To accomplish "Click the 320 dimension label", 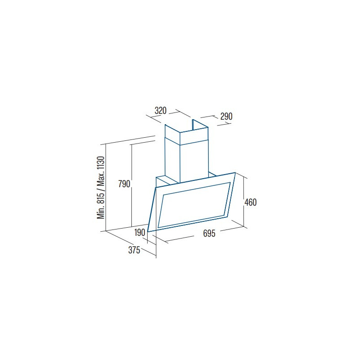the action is pyautogui.click(x=161, y=111).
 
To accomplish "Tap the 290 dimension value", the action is pyautogui.click(x=226, y=117).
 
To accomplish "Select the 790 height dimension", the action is pyautogui.click(x=124, y=184).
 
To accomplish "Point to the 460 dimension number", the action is pyautogui.click(x=251, y=202).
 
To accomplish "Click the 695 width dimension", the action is pyautogui.click(x=209, y=234).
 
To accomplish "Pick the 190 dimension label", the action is pyautogui.click(x=139, y=233).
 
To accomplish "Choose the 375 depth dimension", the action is pyautogui.click(x=134, y=250).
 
